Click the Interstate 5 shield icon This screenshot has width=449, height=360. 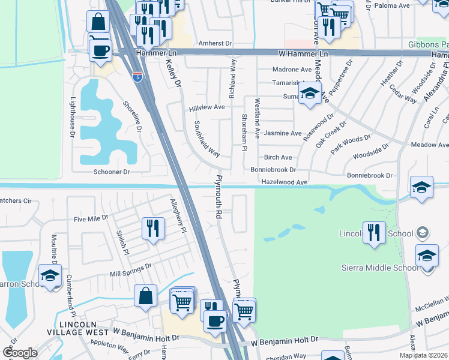(137, 76)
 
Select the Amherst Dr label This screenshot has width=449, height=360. (215, 43)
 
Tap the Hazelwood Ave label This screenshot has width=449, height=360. (285, 182)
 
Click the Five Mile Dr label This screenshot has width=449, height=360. (90, 218)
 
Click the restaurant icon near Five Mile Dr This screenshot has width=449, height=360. (153, 229)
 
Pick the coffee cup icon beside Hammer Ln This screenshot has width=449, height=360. (101, 49)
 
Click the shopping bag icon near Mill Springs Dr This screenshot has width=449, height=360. (146, 296)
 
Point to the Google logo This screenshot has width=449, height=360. (20, 353)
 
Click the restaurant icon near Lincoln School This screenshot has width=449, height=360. (374, 232)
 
